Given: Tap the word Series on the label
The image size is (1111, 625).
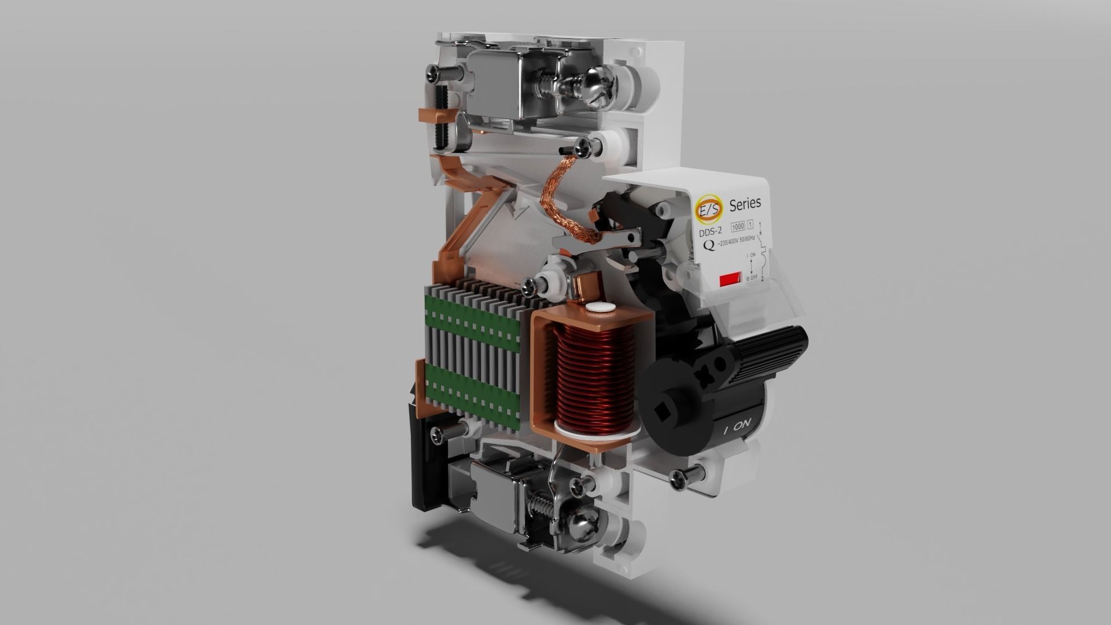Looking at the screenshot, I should point(745,204).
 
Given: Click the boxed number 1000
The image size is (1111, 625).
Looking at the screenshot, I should point(738,226).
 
